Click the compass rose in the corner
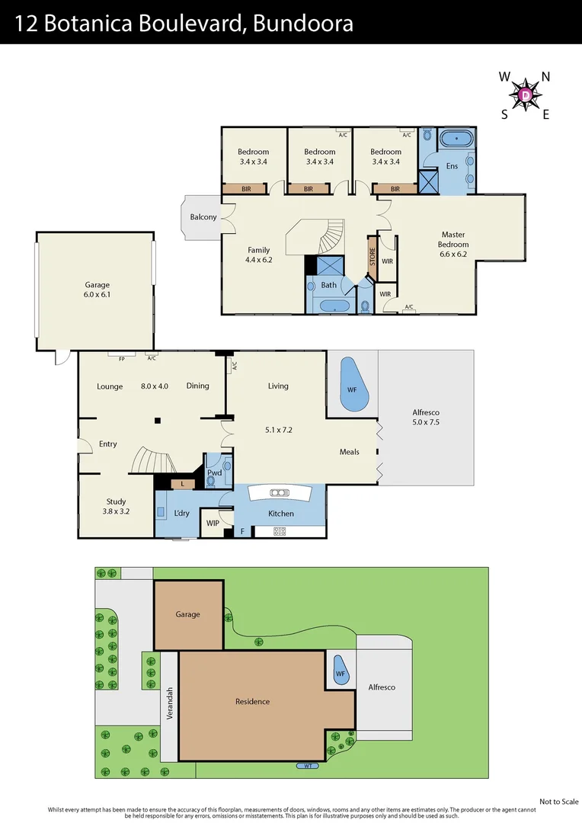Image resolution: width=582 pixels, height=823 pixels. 526,95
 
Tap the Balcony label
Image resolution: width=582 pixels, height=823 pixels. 203,217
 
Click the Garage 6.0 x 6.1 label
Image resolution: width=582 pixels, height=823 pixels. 97,290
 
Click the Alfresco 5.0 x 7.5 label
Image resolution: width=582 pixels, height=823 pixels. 426,417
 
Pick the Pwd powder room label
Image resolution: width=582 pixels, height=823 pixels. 214,472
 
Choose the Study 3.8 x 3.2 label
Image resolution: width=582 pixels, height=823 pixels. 116,506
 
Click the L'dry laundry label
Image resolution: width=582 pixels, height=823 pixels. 181,513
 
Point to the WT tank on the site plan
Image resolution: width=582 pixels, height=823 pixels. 307,766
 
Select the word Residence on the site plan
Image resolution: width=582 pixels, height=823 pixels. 252,701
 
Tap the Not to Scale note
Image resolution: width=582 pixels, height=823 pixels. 558,801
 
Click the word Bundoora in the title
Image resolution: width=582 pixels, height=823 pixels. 302,24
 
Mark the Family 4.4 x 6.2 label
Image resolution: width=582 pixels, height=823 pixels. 258,255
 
